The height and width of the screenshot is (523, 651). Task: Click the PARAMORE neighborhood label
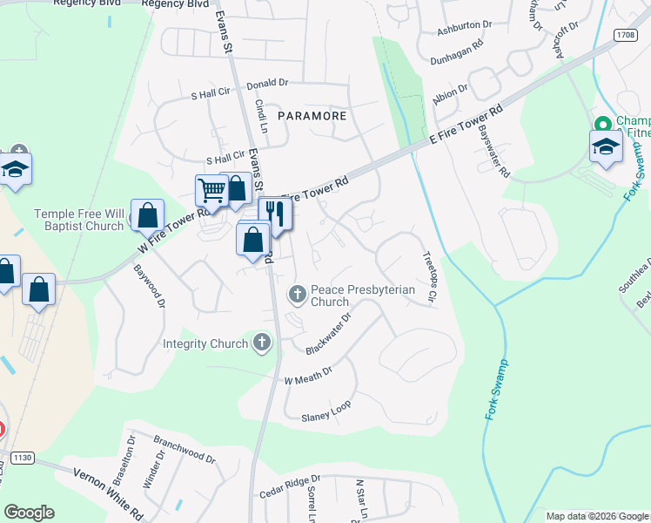click(312, 115)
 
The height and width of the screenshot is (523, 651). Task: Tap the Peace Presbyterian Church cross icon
click(298, 295)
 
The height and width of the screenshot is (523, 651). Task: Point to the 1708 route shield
click(623, 35)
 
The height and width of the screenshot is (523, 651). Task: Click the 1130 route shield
click(22, 458)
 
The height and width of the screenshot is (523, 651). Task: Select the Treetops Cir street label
click(428, 277)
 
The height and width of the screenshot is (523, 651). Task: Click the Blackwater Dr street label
click(328, 334)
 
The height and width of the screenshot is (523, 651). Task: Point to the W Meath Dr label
click(308, 376)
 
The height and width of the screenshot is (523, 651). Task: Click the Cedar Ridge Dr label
click(290, 486)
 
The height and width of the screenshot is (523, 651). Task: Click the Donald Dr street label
click(267, 84)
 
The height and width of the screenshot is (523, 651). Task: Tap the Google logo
click(29, 513)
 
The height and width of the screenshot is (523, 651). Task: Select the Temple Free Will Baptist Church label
click(79, 220)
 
